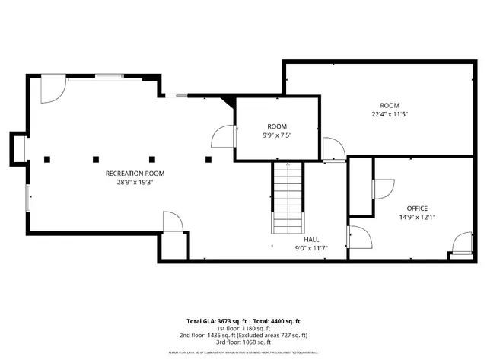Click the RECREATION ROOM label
point(135,174)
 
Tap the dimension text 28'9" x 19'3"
point(135,182)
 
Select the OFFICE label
point(417,208)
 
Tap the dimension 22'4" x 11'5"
point(390,114)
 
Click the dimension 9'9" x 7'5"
point(277,135)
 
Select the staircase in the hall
point(287,199)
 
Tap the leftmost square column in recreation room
point(47,159)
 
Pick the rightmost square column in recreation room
point(208,159)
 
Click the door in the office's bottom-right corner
point(461,244)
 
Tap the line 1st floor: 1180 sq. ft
point(243,328)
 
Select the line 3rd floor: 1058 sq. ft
point(243,342)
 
